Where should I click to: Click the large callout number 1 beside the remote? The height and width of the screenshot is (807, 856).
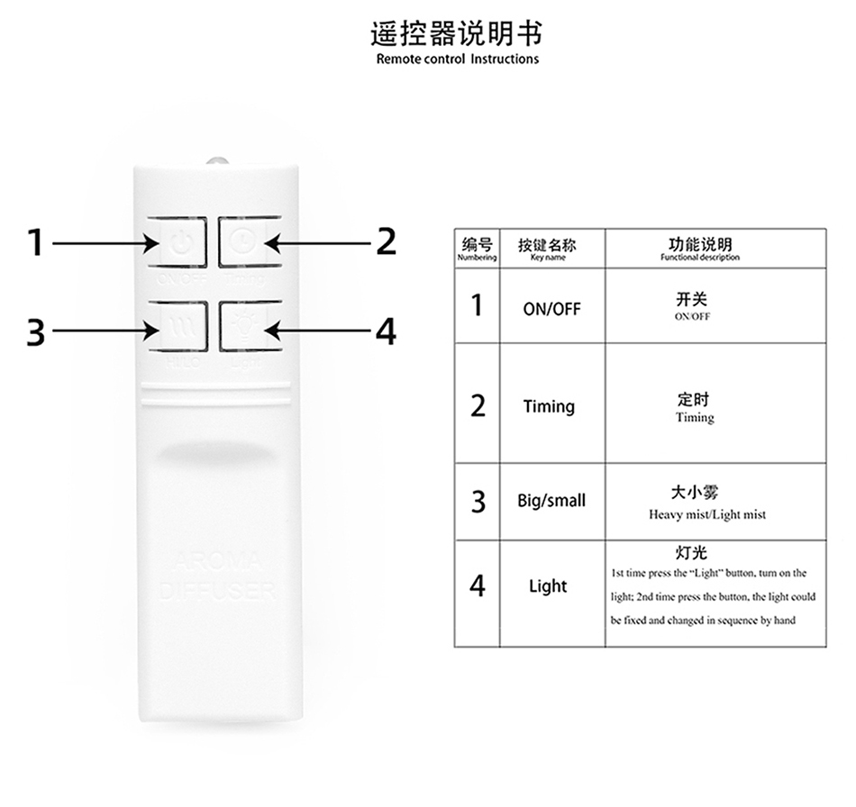(35, 241)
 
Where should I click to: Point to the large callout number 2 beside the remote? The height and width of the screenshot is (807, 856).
(386, 241)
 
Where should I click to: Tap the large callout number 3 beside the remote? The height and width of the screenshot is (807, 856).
(35, 332)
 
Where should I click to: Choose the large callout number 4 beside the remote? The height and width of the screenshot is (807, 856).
(386, 332)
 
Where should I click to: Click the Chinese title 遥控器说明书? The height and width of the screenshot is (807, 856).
(457, 34)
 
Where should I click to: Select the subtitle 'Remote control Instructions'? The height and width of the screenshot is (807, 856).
(457, 59)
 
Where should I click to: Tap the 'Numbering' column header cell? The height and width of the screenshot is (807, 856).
(477, 249)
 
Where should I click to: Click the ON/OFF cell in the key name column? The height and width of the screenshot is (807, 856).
(551, 309)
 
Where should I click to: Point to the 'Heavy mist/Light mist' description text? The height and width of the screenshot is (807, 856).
(706, 515)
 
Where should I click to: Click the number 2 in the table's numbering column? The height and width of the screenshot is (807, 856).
(478, 406)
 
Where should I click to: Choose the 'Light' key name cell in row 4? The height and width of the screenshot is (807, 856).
(548, 586)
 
